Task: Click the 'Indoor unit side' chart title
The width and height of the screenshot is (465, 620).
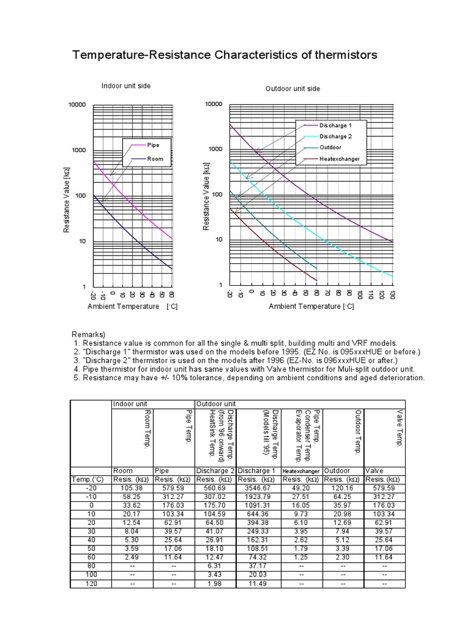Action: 126,86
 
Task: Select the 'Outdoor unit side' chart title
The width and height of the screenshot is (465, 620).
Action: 293,89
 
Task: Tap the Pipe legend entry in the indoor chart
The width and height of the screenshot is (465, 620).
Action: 153,145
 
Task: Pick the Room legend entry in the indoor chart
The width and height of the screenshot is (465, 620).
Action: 155,159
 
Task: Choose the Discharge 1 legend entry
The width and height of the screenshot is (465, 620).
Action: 335,125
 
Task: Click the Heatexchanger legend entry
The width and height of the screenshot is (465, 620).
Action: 339,159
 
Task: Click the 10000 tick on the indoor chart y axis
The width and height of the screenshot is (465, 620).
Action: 77,105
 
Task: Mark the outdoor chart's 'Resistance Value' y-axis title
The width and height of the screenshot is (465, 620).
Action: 206,198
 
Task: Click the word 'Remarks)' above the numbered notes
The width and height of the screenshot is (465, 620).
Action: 88,334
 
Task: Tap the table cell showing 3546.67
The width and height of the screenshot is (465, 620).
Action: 258,487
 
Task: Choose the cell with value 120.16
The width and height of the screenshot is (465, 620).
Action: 343,487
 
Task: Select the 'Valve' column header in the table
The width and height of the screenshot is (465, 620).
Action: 374,470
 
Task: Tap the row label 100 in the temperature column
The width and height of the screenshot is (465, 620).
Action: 91,574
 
